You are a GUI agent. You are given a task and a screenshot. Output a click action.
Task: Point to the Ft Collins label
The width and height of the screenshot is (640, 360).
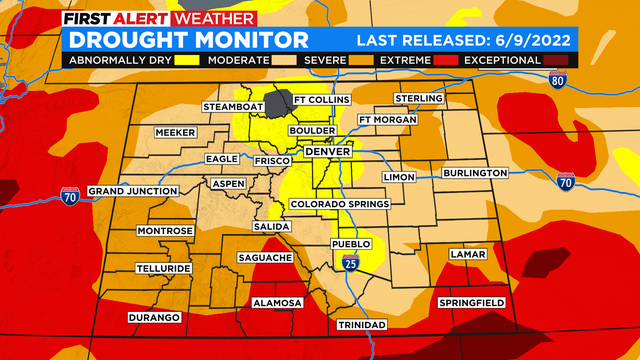pyautogui.click(x=321, y=101)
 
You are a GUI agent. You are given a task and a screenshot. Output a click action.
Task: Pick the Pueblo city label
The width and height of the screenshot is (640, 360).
pyautogui.click(x=351, y=244)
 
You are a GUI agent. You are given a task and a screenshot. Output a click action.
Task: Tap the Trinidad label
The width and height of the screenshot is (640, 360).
pyautogui.click(x=360, y=325)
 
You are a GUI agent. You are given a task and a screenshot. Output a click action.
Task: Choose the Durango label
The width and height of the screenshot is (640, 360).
pyautogui.click(x=153, y=317)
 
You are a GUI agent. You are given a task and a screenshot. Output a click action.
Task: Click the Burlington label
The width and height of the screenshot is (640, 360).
pyautogui.click(x=475, y=173)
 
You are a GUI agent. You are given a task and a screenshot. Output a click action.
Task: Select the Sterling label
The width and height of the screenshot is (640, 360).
pyautogui.click(x=418, y=98)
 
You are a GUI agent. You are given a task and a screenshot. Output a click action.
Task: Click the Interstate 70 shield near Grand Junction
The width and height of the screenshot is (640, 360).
pyautogui.click(x=70, y=196)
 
